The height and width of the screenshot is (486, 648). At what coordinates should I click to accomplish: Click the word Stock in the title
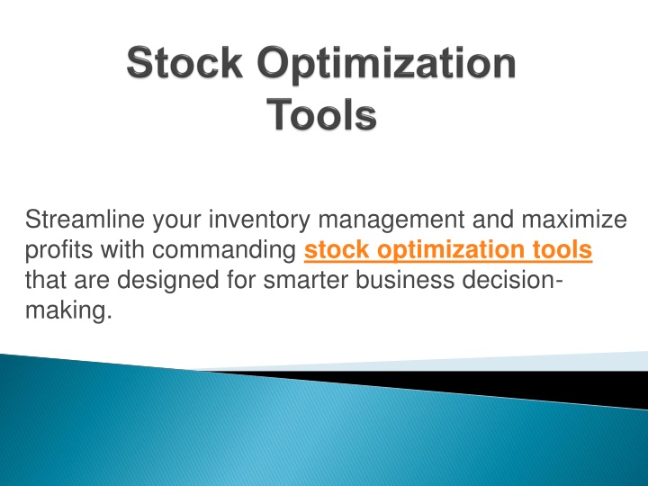pyautogui.click(x=184, y=62)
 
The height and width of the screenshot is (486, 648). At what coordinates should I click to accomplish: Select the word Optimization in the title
pyautogui.click(x=386, y=65)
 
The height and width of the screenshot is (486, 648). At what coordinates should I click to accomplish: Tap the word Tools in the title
pyautogui.click(x=321, y=114)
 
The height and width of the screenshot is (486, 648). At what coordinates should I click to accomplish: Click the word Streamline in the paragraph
pyautogui.click(x=85, y=219)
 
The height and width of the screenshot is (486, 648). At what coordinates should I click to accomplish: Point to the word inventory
pyautogui.click(x=259, y=220)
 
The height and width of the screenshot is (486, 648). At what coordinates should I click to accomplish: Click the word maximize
pyautogui.click(x=574, y=219)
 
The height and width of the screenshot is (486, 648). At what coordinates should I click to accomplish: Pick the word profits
pyautogui.click(x=59, y=251)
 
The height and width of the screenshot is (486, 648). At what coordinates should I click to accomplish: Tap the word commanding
pyautogui.click(x=224, y=251)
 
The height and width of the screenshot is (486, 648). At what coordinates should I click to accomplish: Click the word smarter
pyautogui.click(x=306, y=281)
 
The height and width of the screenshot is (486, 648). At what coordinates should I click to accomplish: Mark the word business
pyautogui.click(x=405, y=280)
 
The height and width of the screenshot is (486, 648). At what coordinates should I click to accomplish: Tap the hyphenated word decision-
pyautogui.click(x=512, y=280)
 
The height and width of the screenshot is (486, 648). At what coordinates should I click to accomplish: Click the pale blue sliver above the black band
pyautogui.click(x=454, y=363)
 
